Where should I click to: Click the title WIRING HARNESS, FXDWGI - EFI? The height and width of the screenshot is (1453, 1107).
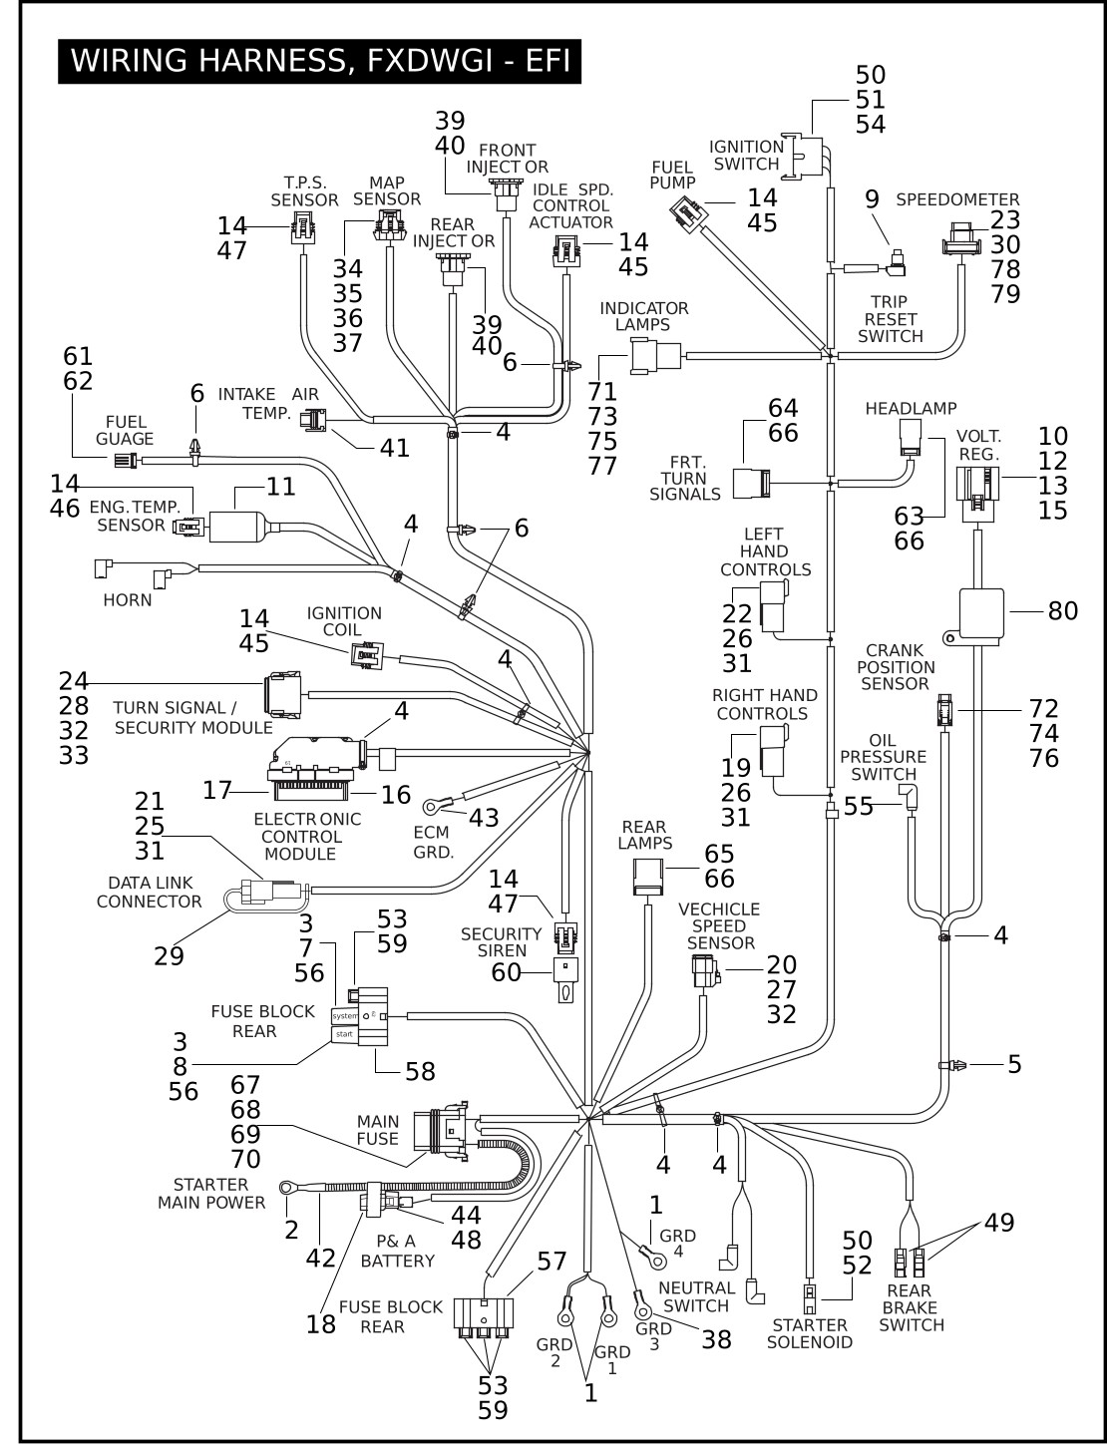[319, 61]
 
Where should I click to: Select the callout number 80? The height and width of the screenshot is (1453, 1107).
[1063, 610]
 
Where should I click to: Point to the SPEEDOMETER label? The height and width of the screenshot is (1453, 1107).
[957, 199]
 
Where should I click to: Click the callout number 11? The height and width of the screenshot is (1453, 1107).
[281, 487]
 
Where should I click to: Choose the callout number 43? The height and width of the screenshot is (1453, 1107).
[484, 817]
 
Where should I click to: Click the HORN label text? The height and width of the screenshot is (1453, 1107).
[127, 600]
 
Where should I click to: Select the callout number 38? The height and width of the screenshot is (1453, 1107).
[716, 1339]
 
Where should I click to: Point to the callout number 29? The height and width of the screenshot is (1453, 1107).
[169, 955]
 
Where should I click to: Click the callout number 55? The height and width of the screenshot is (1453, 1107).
[859, 806]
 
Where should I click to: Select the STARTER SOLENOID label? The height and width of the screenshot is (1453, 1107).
[809, 1333]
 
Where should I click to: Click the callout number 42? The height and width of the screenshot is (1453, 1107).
[320, 1258]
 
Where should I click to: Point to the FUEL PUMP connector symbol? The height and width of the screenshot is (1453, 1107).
[689, 210]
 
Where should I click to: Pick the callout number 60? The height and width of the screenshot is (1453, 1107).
[507, 970]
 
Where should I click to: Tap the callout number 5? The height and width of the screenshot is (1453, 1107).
[1014, 1064]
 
